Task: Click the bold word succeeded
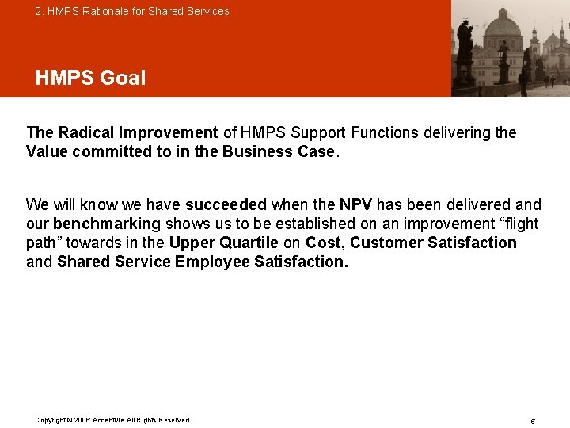tap(226, 204)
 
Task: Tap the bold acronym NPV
tap(356, 204)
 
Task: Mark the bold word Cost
tap(323, 243)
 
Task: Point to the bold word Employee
tap(212, 262)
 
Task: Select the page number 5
tap(533, 421)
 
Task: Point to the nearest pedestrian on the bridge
tap(523, 82)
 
